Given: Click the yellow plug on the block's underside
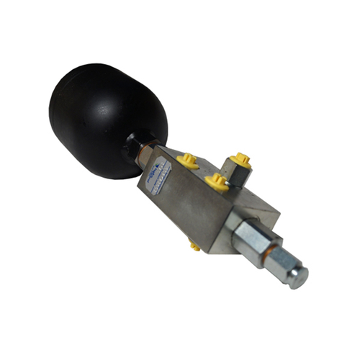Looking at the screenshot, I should [195, 247].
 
